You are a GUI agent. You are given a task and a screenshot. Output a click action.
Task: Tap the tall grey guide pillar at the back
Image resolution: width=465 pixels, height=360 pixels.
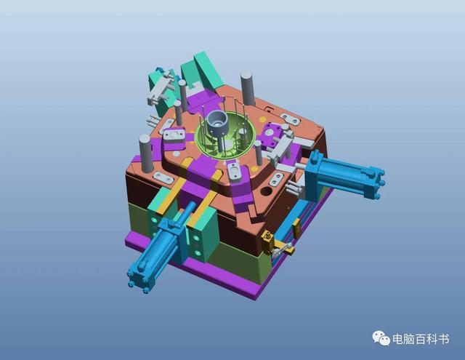(x=246, y=85)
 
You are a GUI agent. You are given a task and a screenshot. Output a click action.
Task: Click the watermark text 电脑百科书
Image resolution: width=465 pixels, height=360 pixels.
(x=421, y=340)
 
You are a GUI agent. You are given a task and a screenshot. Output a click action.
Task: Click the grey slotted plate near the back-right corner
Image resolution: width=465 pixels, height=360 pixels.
(x=291, y=119)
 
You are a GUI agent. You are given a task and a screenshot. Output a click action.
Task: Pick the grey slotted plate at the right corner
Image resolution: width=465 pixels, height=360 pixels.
(x=278, y=179)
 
